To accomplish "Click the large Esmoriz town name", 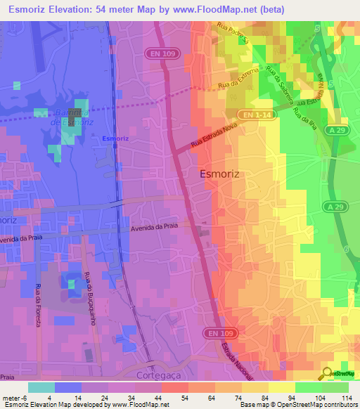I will [225, 174].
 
